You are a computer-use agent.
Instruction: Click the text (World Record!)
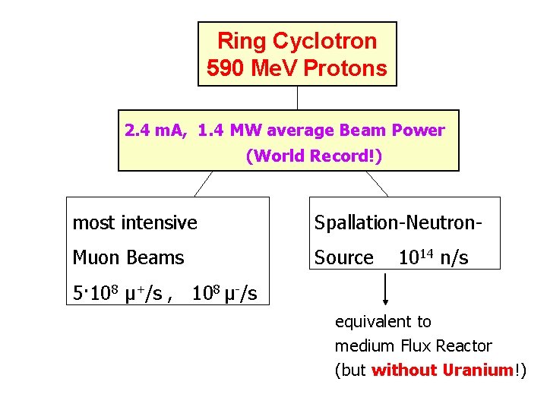[x=314, y=156]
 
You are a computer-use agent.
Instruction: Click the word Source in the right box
[x=344, y=257]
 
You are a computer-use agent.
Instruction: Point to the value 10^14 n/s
[x=433, y=257]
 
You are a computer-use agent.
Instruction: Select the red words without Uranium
[x=442, y=370]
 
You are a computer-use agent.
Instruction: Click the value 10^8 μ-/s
[x=224, y=293]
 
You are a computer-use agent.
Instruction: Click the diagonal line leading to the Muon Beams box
[x=202, y=184]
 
